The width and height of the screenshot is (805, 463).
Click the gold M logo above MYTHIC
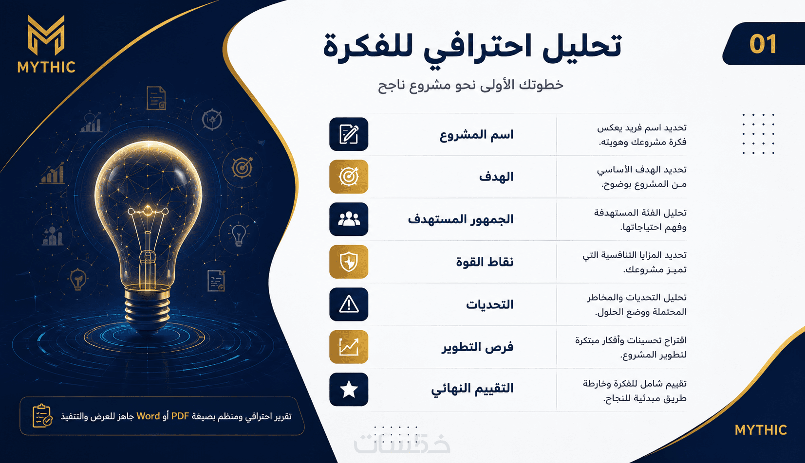46,35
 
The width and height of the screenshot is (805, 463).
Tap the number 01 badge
763,44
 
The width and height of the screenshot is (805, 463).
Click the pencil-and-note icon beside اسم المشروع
349,134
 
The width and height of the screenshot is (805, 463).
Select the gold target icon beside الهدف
349,177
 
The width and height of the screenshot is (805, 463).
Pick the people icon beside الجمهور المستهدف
349,219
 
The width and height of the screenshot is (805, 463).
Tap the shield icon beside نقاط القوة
349,262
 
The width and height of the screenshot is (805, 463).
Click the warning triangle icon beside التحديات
349,304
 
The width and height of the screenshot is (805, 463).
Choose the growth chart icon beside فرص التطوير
349,347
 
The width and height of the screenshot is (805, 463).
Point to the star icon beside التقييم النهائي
349,390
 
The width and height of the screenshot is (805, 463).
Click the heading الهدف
496,177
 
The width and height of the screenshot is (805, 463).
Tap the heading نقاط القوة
485,262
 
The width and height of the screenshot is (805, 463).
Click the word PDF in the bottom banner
180,416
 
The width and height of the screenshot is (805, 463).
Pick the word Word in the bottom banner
148,416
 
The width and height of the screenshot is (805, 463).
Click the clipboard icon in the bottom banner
42,416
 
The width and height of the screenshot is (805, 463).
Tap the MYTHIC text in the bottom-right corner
761,430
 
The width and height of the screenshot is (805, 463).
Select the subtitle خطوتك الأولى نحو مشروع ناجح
471,86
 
